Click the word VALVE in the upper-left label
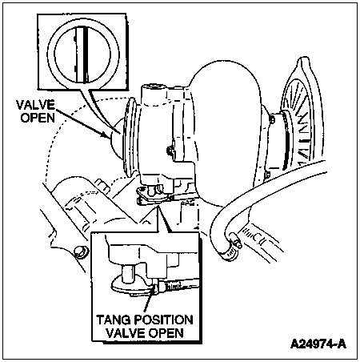(x=35, y=105)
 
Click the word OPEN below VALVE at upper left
(x=38, y=118)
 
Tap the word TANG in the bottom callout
(x=113, y=320)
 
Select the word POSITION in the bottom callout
(x=163, y=320)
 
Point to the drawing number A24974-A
(x=318, y=344)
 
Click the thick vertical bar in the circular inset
(x=86, y=54)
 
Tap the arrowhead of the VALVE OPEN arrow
(x=106, y=134)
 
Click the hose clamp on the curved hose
(x=231, y=247)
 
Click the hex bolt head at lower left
(x=81, y=252)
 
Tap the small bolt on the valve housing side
(x=170, y=151)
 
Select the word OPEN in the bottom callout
(x=166, y=333)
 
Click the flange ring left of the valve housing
(x=130, y=138)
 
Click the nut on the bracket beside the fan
(x=272, y=119)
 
